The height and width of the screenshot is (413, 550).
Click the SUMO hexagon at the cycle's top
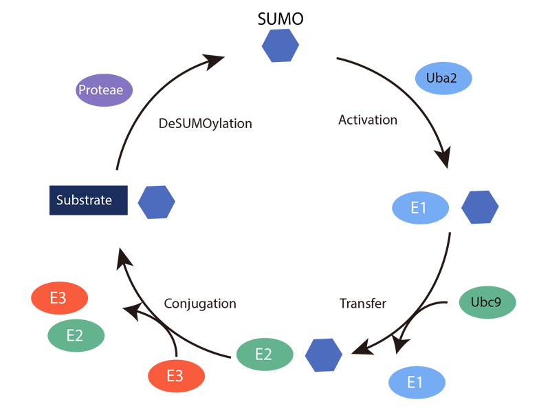pyautogui.click(x=280, y=45)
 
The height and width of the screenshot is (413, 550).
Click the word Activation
pyautogui.click(x=368, y=120)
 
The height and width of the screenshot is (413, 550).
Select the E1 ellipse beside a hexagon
pyautogui.click(x=420, y=208)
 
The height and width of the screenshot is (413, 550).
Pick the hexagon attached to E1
pyautogui.click(x=480, y=208)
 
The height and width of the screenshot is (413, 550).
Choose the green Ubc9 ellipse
pyautogui.click(x=487, y=302)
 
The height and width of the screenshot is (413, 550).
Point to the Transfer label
pyautogui.click(x=363, y=304)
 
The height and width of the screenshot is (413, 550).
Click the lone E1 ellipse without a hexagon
pyautogui.click(x=417, y=382)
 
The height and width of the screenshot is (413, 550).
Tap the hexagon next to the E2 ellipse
pyautogui.click(x=324, y=354)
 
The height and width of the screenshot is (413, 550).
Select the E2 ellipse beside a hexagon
pyautogui.click(x=265, y=354)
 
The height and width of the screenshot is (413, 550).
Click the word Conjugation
pyautogui.click(x=200, y=304)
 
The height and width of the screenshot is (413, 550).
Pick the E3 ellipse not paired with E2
pyautogui.click(x=177, y=376)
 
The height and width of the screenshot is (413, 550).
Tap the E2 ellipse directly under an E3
pyautogui.click(x=76, y=336)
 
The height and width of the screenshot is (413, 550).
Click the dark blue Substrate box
pyautogui.click(x=88, y=200)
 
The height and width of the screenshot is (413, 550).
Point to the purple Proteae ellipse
pyautogui.click(x=104, y=90)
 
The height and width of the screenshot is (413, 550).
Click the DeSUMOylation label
pyautogui.click(x=206, y=125)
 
